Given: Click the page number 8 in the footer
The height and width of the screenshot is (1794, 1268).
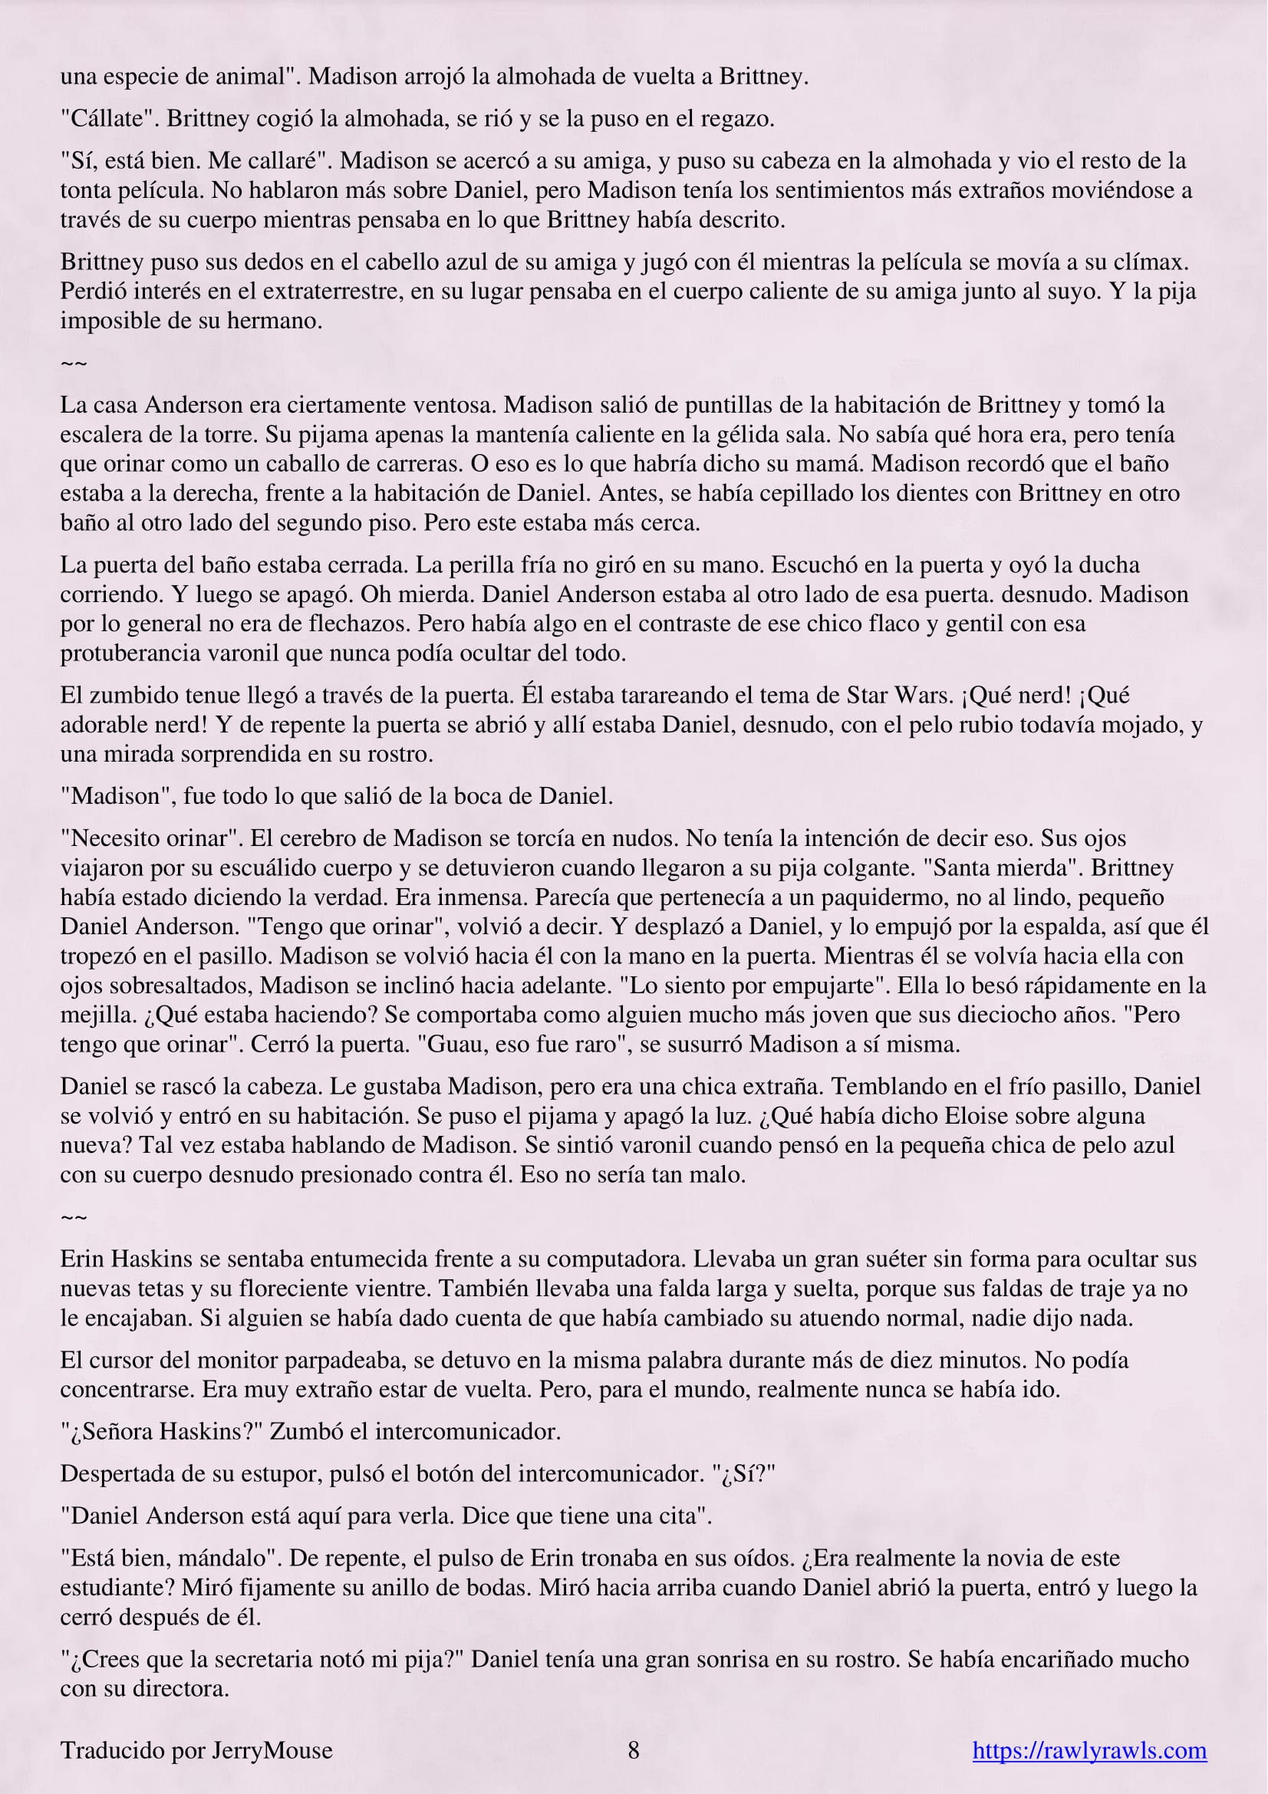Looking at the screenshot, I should tap(634, 1750).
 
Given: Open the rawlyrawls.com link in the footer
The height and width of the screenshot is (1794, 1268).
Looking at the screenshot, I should tap(1089, 1750).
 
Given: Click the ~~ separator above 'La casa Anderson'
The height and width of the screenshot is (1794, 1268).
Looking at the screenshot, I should tap(74, 364).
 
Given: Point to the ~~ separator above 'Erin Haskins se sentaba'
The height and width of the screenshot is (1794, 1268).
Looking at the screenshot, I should tap(74, 1217).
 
